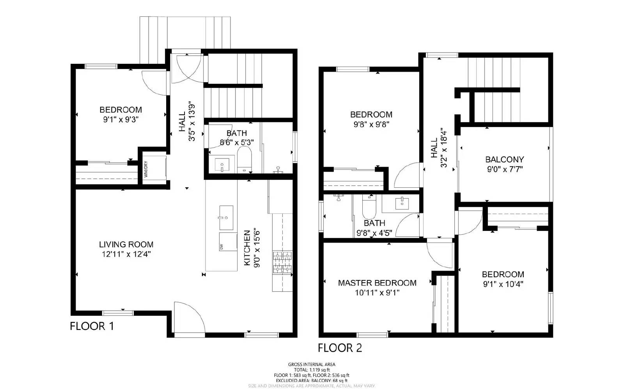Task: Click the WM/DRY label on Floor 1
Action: point(145,169)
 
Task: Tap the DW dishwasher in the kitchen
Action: point(228,241)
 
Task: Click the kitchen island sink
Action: point(226,218)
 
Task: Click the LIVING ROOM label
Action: point(126,245)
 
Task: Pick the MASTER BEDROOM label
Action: point(377,283)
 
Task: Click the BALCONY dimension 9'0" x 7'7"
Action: point(504,169)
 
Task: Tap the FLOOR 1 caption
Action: point(92,326)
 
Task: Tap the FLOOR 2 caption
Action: point(340,348)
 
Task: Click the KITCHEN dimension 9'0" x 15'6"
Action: point(257,248)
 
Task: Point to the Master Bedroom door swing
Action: point(440,255)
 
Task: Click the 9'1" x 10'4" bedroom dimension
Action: point(503,284)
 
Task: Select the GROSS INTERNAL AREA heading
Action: point(311,364)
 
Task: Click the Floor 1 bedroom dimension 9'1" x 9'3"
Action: point(121,120)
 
